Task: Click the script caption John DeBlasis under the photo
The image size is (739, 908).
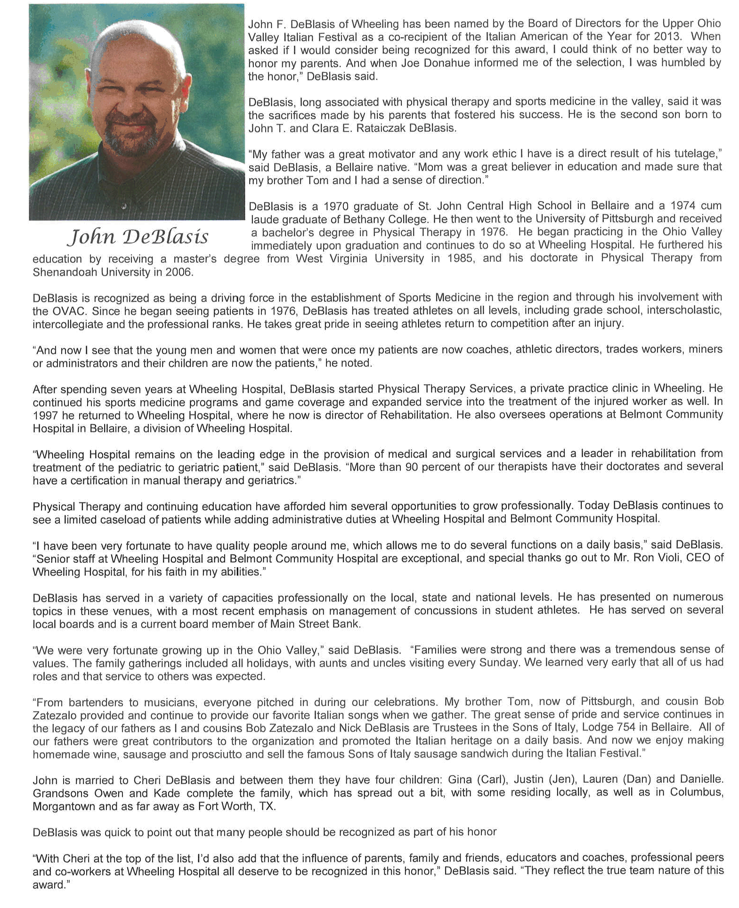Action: [x=138, y=236]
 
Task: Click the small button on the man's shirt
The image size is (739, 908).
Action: [x=124, y=206]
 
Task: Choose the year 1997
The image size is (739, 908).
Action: [x=45, y=415]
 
